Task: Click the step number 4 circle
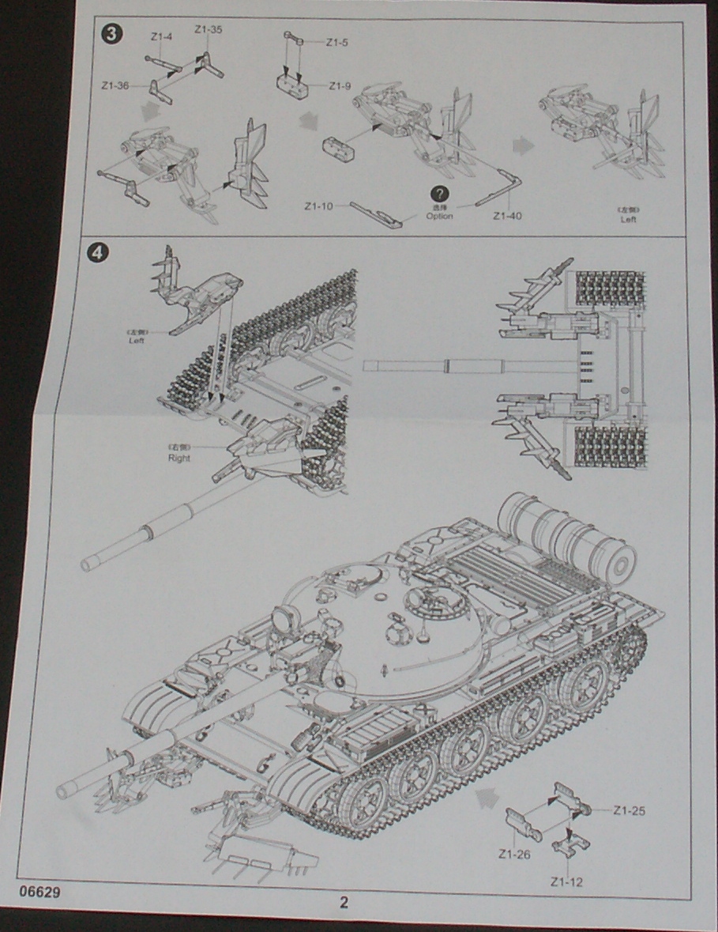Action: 96,254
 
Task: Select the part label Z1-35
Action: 209,30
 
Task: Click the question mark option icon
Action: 439,194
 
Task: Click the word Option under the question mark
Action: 439,216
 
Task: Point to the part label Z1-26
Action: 513,854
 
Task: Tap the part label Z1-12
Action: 566,881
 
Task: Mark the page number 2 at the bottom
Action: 344,904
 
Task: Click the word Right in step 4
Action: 179,458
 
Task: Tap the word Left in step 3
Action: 628,219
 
